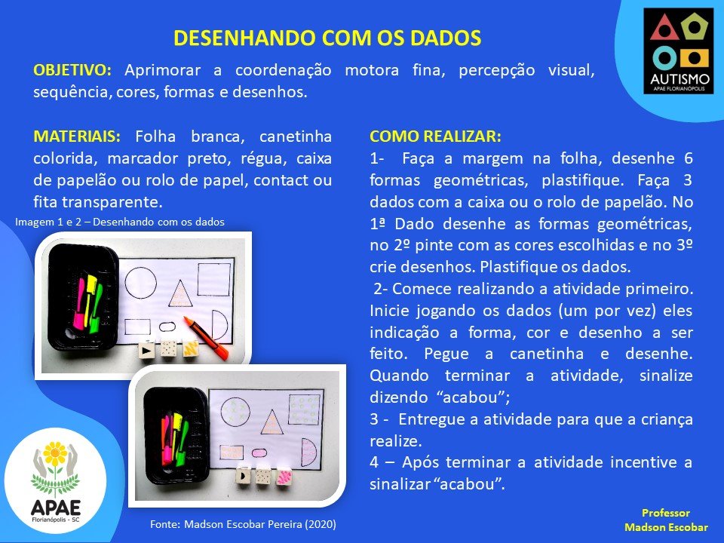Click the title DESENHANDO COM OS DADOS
point(327,38)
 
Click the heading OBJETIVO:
point(72,70)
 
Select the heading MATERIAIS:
point(77,137)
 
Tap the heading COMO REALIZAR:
point(435,137)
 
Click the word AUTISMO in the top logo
point(680,78)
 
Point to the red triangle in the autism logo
point(663,28)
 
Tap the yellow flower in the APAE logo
point(55,454)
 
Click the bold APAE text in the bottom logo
point(55,508)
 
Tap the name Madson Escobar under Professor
point(666,527)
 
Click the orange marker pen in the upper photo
point(207,338)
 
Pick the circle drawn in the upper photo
point(140,283)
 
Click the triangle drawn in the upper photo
point(180,293)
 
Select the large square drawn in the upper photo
point(213,279)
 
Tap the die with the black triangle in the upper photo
point(147,351)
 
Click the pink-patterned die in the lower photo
point(285,477)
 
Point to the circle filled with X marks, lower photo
point(235,412)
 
